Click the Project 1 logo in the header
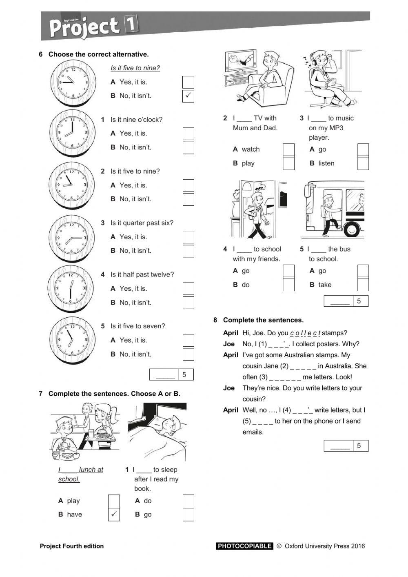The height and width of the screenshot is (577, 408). coord(93,27)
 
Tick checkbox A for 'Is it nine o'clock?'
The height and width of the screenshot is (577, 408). coord(188,134)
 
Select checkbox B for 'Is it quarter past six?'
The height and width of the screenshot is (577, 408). coord(188,251)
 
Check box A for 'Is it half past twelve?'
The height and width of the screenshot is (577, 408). coord(188,289)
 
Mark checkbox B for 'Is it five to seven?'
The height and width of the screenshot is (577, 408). coord(188,354)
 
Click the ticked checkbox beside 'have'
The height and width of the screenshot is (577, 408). coord(114,514)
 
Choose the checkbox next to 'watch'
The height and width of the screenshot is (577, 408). coord(288,149)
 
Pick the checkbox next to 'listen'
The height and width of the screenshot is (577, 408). coord(363,163)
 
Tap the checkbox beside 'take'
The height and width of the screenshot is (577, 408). coord(363,285)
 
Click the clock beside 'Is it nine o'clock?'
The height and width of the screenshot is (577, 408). coord(73,133)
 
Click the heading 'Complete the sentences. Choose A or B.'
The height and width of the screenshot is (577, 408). coord(114,394)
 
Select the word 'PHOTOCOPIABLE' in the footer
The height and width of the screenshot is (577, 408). coord(244,546)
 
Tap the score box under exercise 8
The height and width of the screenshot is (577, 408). coord(346,446)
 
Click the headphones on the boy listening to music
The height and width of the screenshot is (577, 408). coord(315,60)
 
